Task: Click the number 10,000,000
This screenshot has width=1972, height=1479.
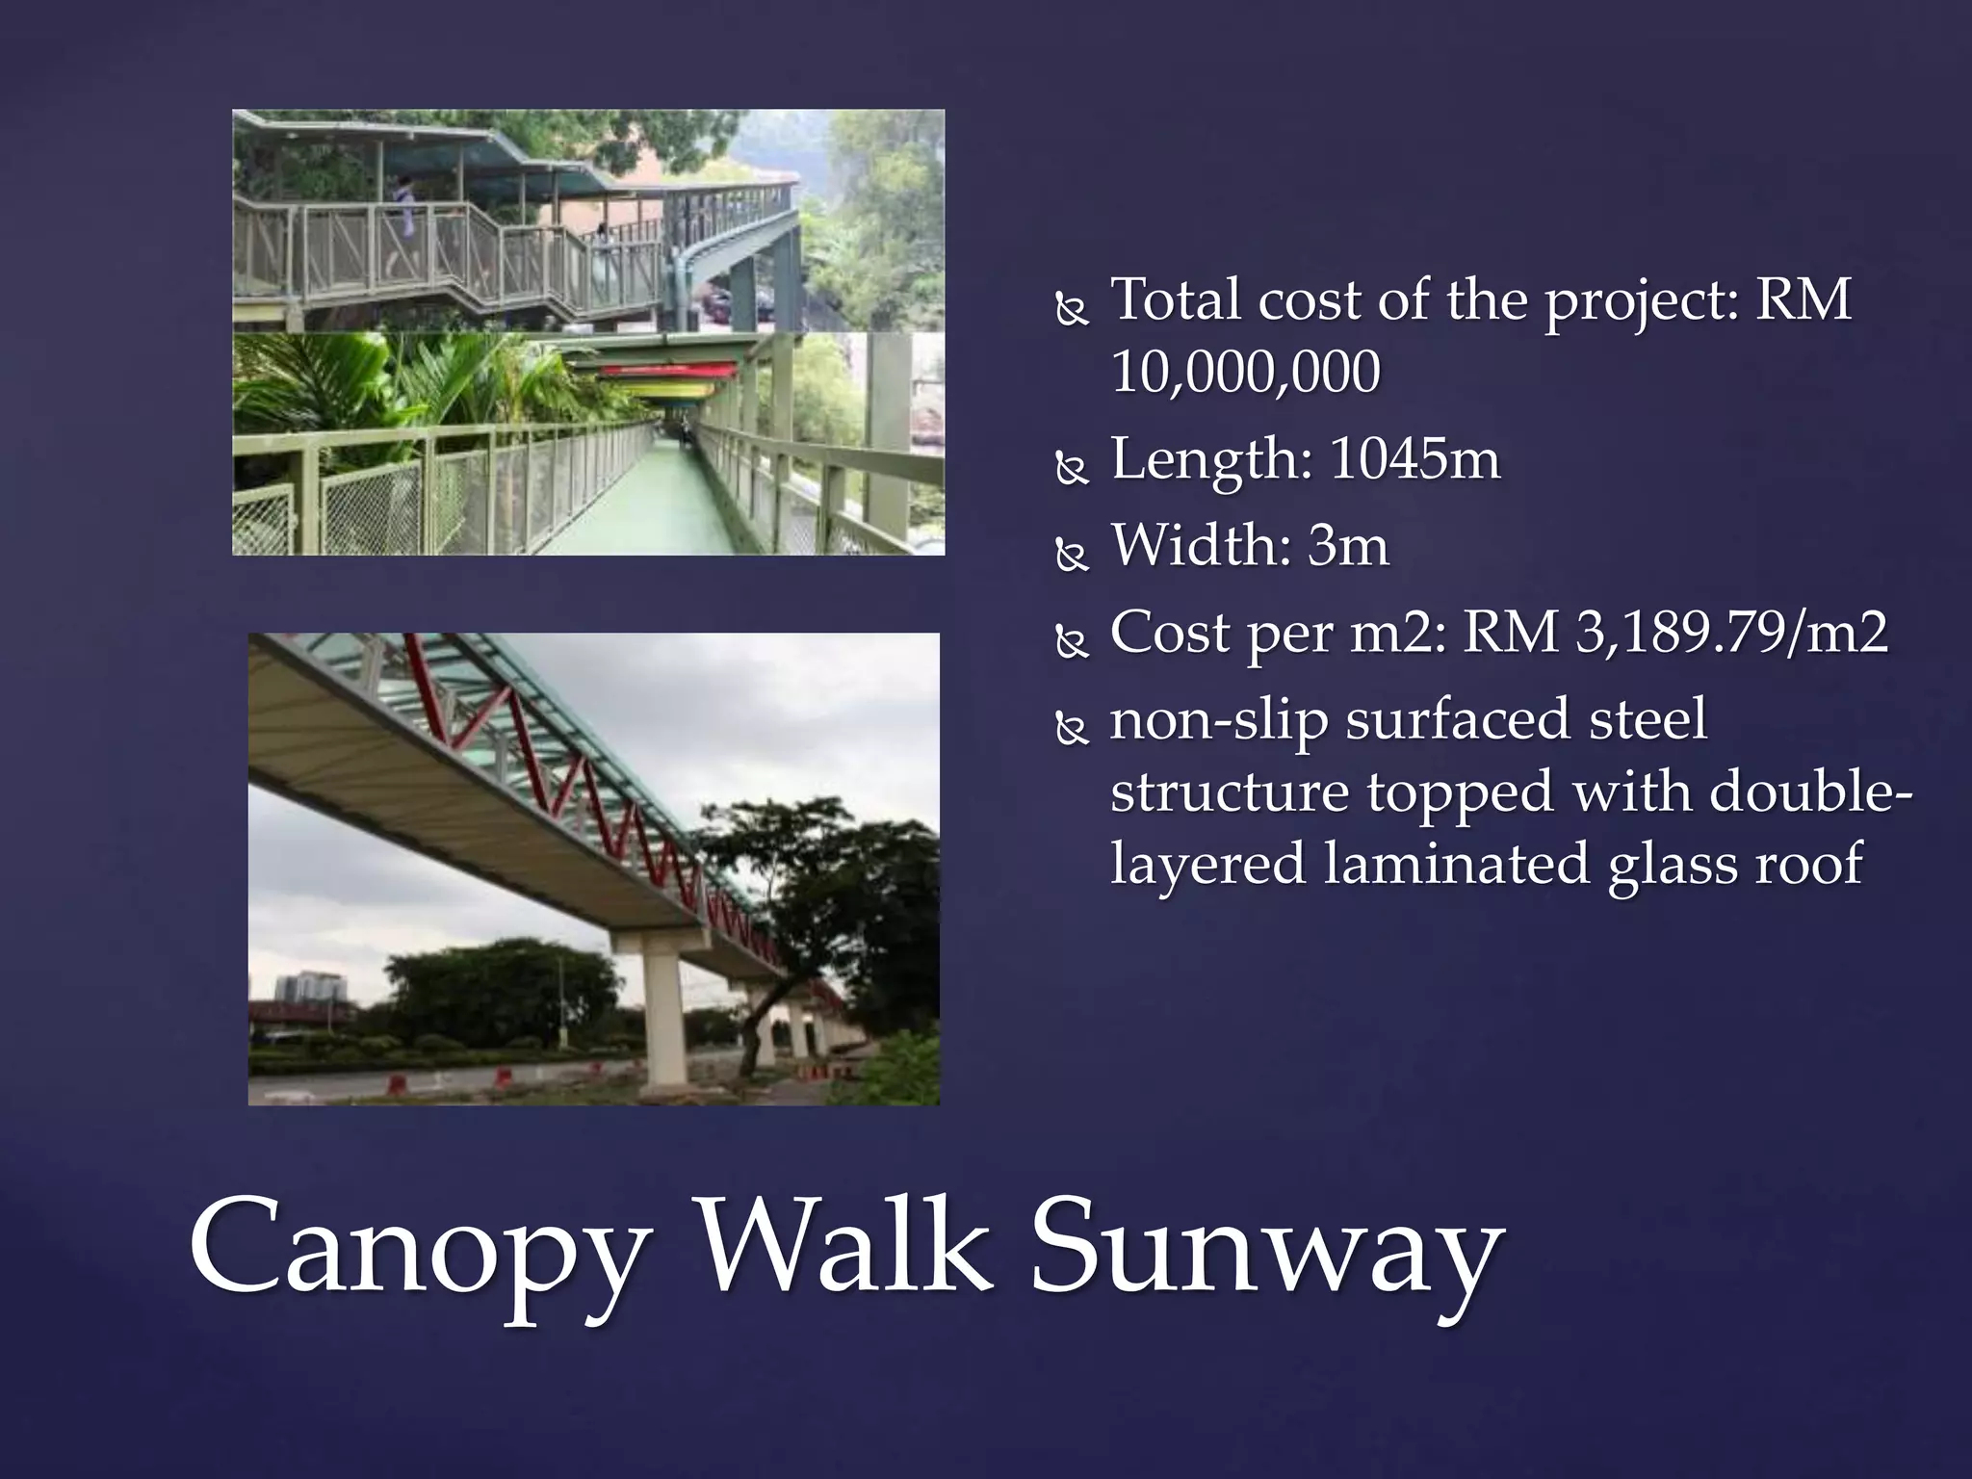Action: (1245, 373)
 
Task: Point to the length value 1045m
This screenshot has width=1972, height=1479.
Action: (1414, 459)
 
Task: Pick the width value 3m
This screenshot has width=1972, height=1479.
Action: (1348, 546)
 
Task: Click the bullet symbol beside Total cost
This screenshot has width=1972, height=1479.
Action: (1071, 310)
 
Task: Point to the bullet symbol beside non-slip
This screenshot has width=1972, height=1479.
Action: (1071, 730)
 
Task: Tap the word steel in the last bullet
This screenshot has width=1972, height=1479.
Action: (1648, 719)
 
